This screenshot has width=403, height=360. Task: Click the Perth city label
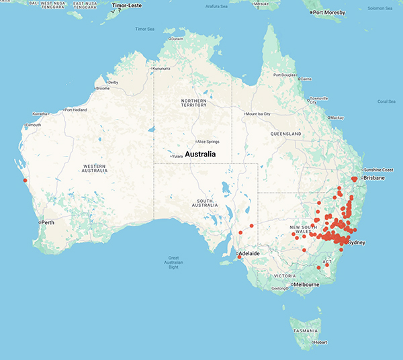click(x=47, y=222)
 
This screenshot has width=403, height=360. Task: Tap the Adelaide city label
click(x=250, y=254)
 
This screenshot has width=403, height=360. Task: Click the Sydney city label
click(x=356, y=242)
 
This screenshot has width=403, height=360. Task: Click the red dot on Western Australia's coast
click(x=26, y=180)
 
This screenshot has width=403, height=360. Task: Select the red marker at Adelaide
click(x=239, y=256)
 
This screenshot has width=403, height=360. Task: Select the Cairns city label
click(x=306, y=79)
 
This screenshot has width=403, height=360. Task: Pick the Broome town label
click(x=103, y=88)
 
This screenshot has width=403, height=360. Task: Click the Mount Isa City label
click(x=258, y=114)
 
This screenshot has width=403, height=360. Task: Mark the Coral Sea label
click(x=386, y=101)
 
